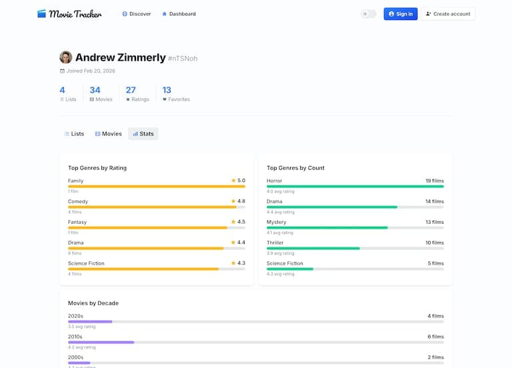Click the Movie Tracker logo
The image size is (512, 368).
click(69, 13)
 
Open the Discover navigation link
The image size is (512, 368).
click(136, 14)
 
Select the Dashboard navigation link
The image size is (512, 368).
click(179, 14)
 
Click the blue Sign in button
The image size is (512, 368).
click(400, 14)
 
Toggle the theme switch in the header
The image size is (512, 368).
click(368, 14)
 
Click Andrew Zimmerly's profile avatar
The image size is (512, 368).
click(65, 57)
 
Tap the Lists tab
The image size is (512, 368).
click(74, 134)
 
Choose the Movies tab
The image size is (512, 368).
click(108, 134)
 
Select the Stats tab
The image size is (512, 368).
click(143, 134)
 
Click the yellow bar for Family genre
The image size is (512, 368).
click(156, 187)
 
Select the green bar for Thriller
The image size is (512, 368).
click(313, 249)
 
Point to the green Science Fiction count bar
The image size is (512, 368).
click(290, 269)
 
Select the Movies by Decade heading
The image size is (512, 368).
click(93, 303)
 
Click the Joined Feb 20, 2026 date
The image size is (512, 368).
click(90, 71)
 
